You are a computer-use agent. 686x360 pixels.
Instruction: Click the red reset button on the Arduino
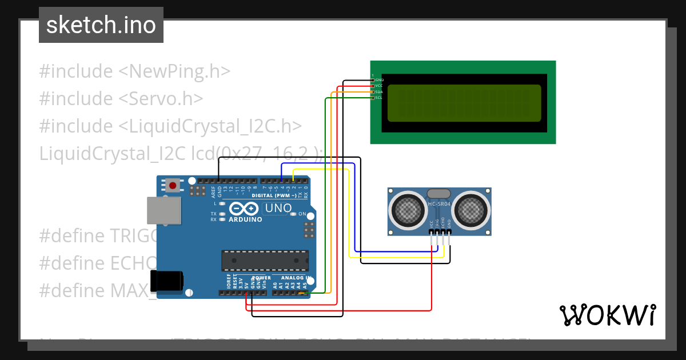pos(173,185)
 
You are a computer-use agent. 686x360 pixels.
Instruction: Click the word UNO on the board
pos(278,208)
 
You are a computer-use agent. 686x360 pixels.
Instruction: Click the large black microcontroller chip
pos(265,260)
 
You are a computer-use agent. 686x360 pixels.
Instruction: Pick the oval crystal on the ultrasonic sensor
pos(439,194)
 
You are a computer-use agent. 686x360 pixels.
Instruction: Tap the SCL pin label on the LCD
pos(378,98)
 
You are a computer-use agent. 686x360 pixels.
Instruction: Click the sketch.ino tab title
pos(101,25)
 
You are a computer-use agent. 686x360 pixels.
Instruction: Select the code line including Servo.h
pos(121,98)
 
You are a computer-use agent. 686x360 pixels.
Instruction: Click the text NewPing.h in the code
pos(174,71)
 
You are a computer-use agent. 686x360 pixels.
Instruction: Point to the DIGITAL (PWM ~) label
pos(274,195)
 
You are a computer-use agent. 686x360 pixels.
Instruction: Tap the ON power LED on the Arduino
pos(293,214)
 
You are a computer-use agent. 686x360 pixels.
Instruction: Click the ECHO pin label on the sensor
pos(443,223)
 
